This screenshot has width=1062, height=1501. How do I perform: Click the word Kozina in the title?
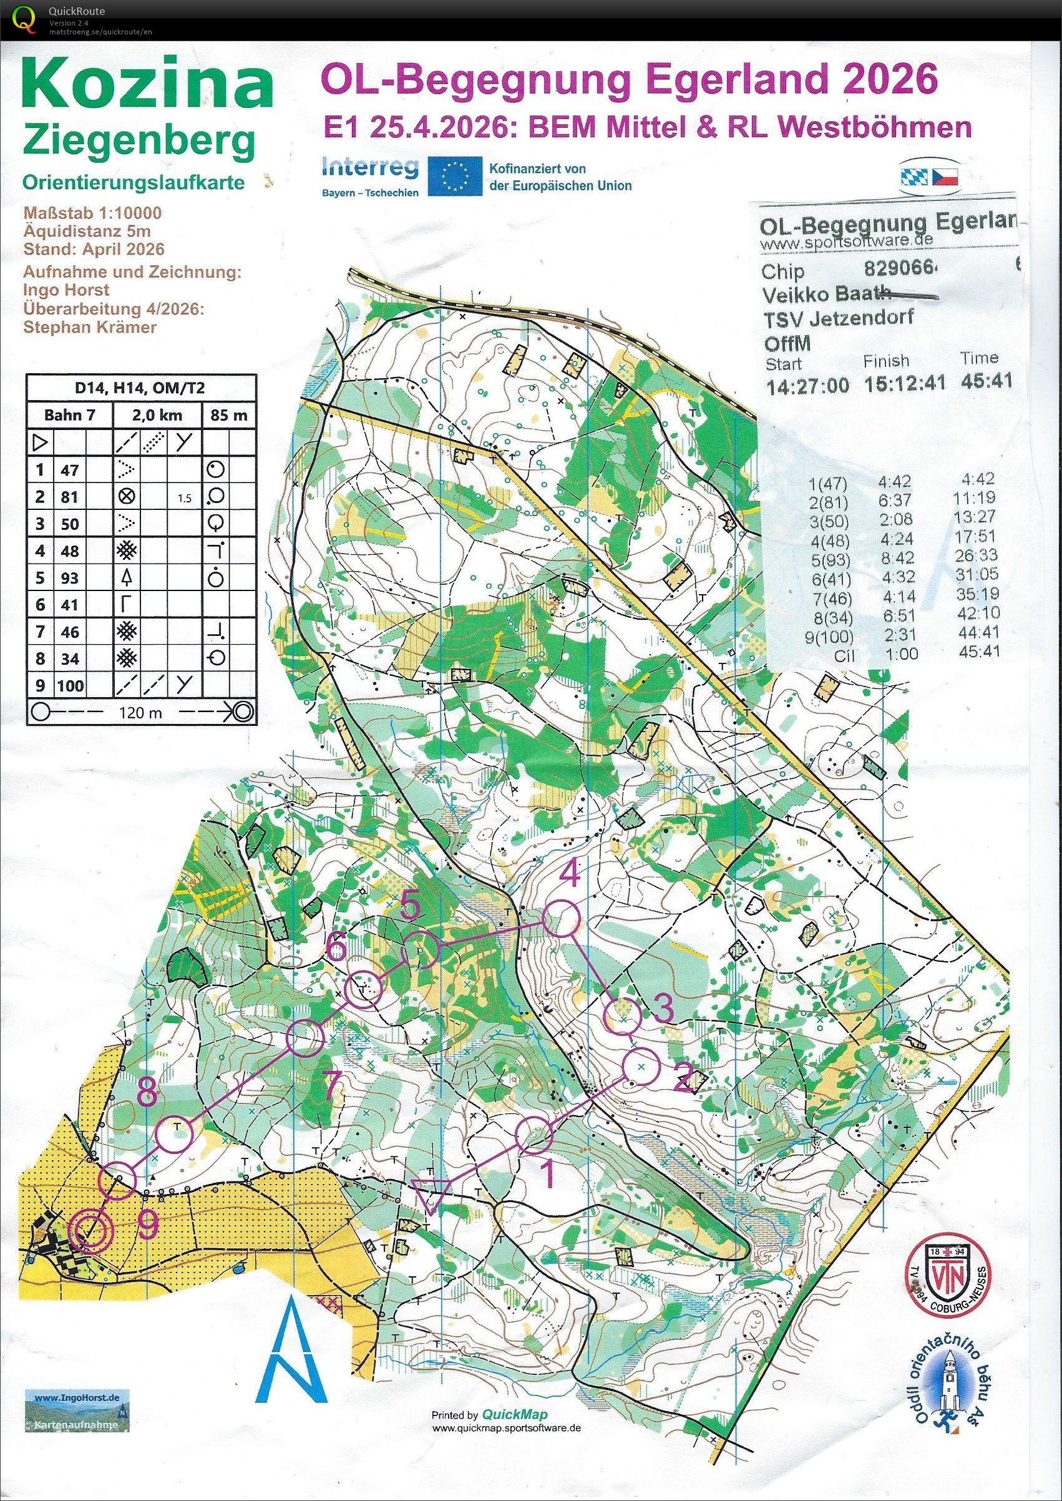(x=148, y=84)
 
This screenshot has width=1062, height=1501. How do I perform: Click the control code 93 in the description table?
(x=69, y=577)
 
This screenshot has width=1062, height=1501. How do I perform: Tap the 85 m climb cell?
(x=228, y=414)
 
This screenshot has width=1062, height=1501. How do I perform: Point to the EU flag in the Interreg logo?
(x=455, y=175)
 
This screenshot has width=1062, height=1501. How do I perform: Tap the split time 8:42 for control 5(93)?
(x=897, y=558)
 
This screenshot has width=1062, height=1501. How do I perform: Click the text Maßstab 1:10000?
(x=92, y=213)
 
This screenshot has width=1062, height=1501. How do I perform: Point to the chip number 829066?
(x=900, y=269)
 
